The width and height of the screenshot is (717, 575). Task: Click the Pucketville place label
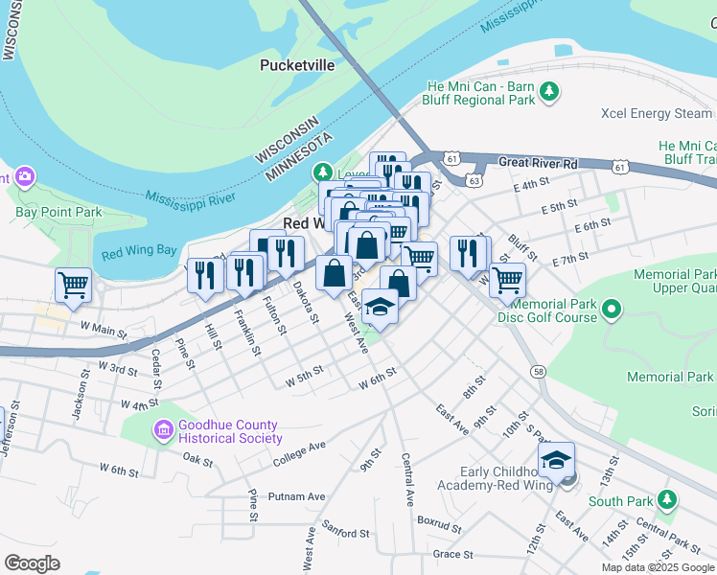point(297,65)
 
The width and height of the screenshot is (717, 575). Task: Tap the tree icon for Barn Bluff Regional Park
point(549,92)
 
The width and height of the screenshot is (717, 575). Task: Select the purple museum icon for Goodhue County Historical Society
point(163,431)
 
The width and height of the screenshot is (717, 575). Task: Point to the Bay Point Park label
point(59,211)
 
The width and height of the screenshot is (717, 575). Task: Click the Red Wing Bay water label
point(139,252)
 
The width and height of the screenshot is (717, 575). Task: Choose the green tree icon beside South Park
point(669,499)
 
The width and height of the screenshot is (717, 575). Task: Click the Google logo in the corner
point(33,563)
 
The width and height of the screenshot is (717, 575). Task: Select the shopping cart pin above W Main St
point(74,285)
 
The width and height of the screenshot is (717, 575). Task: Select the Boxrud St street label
point(440,521)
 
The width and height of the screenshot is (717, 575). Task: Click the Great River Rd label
point(539,163)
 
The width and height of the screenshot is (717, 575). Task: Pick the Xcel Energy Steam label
point(657,113)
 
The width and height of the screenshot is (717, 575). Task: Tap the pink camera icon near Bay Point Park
point(24,176)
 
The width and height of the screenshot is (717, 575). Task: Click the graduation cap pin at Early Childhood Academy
point(556,461)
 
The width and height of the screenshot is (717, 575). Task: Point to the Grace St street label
point(453,554)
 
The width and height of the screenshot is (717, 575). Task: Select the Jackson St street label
point(80,402)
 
